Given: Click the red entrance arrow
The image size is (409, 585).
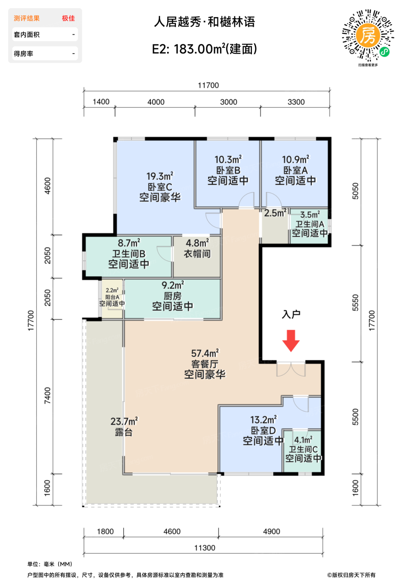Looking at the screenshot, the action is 291,341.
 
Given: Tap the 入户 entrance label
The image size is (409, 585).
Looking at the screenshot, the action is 291,314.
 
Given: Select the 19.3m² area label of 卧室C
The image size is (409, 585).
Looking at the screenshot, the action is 160,176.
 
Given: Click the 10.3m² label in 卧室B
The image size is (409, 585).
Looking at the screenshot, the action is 228,159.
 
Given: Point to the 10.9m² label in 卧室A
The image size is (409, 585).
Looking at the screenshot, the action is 295,159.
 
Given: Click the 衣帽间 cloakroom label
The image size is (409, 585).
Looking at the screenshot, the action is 197,254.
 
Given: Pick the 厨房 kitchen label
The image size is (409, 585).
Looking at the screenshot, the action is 173,296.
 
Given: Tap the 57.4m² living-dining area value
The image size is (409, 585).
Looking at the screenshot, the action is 205,354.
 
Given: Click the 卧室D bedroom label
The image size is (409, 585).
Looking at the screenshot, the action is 263,430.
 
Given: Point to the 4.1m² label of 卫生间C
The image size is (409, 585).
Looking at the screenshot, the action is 303,440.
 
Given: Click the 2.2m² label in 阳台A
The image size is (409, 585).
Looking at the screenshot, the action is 112,290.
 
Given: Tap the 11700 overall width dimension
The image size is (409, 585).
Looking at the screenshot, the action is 208,85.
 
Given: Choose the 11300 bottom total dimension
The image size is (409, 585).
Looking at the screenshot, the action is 205,548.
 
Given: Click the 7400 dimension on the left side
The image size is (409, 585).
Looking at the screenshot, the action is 47,396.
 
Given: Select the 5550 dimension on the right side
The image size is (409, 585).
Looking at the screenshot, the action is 356,303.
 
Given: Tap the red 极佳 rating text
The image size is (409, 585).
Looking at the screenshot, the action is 68,18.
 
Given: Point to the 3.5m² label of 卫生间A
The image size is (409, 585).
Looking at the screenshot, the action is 310,215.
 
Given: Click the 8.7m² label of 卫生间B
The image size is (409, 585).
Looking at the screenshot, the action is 129,243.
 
